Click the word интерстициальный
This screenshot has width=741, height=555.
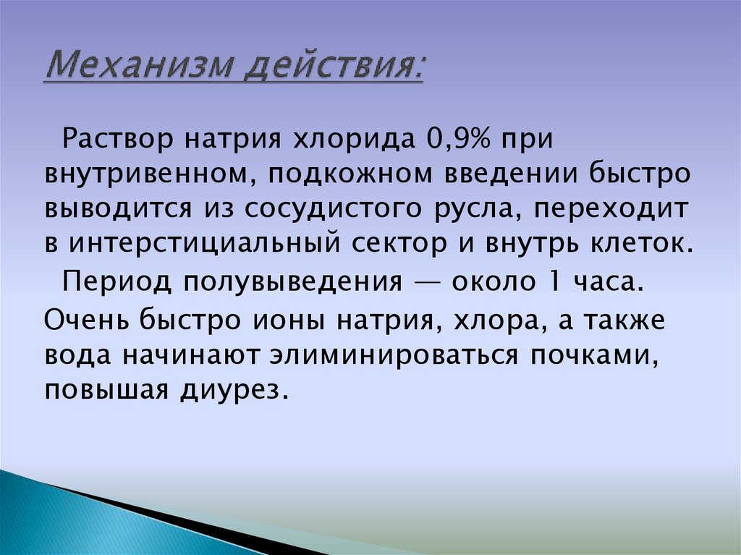[203, 243]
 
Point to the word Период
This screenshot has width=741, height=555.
[114, 279]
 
